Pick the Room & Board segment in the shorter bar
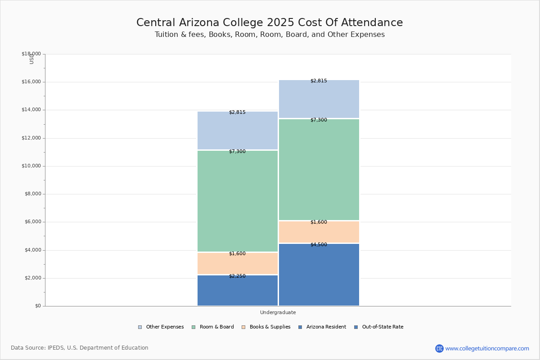[x=238, y=202]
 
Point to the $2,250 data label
[x=237, y=276]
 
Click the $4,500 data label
[x=319, y=245]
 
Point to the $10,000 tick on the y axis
[x=31, y=166]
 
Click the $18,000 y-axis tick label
[x=31, y=54]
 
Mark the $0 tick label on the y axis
[x=38, y=306]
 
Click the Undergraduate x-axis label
[x=278, y=312]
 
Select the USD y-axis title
[x=31, y=59]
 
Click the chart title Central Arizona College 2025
[x=270, y=22]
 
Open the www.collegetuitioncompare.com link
[x=487, y=348]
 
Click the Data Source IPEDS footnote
[x=80, y=348]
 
